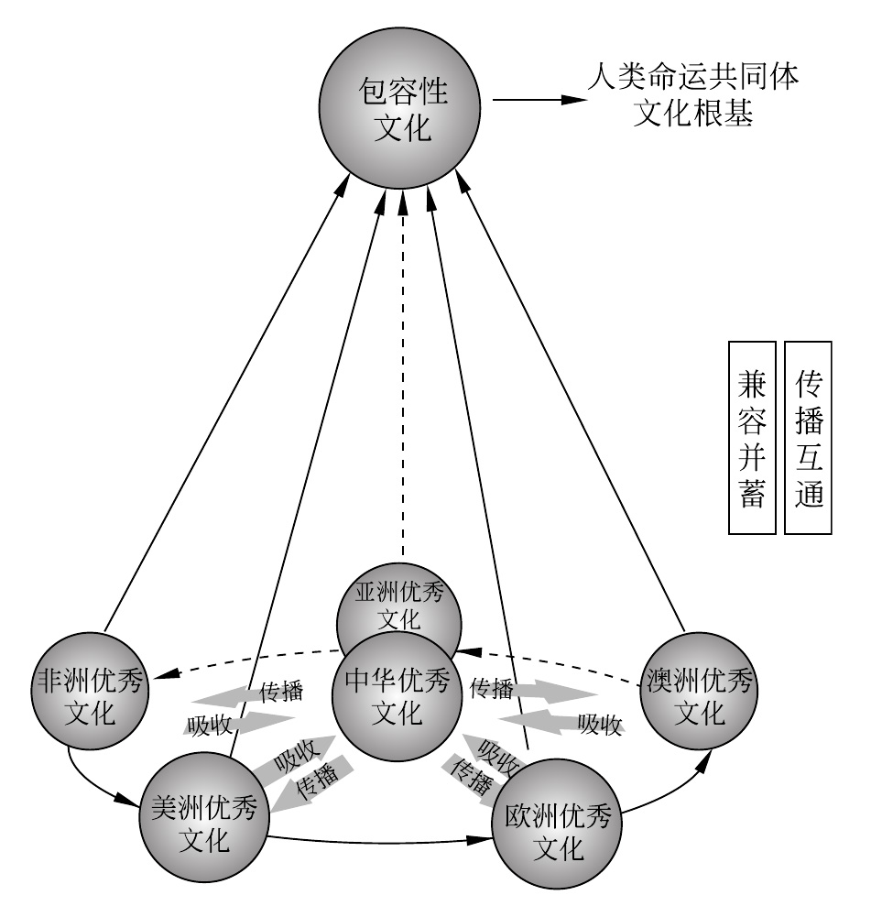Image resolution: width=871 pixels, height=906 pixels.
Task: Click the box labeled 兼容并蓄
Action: (751, 438)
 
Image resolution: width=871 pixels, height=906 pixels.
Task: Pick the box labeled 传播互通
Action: (808, 438)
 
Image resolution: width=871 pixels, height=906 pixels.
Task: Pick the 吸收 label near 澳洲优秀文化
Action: (600, 725)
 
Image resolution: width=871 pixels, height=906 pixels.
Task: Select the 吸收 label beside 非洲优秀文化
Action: (206, 725)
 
